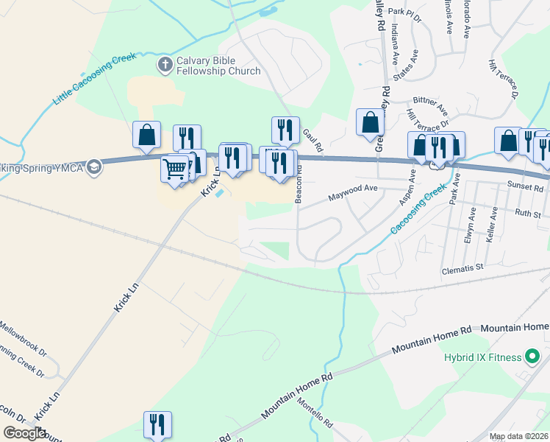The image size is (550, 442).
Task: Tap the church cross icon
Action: pyautogui.click(x=165, y=66)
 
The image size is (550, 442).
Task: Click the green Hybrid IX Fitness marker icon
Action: pyautogui.click(x=533, y=358)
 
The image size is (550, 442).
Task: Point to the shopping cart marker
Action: pyautogui.click(x=174, y=169)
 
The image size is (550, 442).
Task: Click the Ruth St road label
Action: pyautogui.click(x=527, y=214)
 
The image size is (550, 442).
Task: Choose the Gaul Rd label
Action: pyautogui.click(x=313, y=138)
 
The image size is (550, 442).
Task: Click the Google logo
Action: pyautogui.click(x=24, y=433)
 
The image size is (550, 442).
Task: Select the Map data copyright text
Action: pyautogui.click(x=519, y=436)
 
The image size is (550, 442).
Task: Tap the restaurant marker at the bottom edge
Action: pyautogui.click(x=157, y=424)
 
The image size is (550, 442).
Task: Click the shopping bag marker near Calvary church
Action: pyautogui.click(x=146, y=134)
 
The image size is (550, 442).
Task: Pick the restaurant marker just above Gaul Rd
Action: pyautogui.click(x=285, y=130)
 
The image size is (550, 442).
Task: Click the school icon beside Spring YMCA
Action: pyautogui.click(x=93, y=168)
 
